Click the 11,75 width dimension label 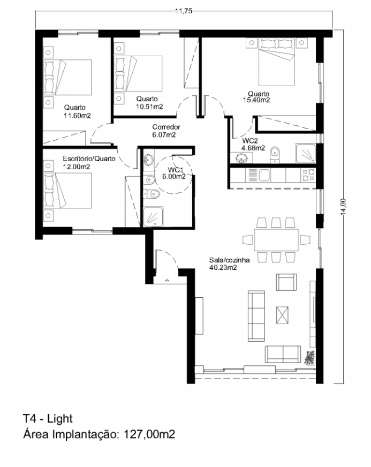click(x=183, y=11)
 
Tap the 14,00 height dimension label click(x=343, y=206)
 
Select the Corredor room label click(x=166, y=127)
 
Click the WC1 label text click(x=175, y=170)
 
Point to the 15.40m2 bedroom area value click(x=256, y=100)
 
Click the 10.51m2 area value click(x=149, y=107)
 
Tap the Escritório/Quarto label click(x=89, y=159)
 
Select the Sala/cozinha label click(x=229, y=260)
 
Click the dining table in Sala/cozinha click(x=276, y=240)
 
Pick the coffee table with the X click(x=282, y=315)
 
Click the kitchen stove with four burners click(x=308, y=175)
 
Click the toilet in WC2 click(x=275, y=154)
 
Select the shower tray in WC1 click(x=153, y=216)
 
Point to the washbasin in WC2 click(x=241, y=158)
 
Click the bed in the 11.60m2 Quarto click(x=67, y=78)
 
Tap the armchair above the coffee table click(x=286, y=282)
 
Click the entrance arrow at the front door click(x=166, y=280)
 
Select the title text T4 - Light click(x=48, y=419)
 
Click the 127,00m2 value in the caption click(x=149, y=434)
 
